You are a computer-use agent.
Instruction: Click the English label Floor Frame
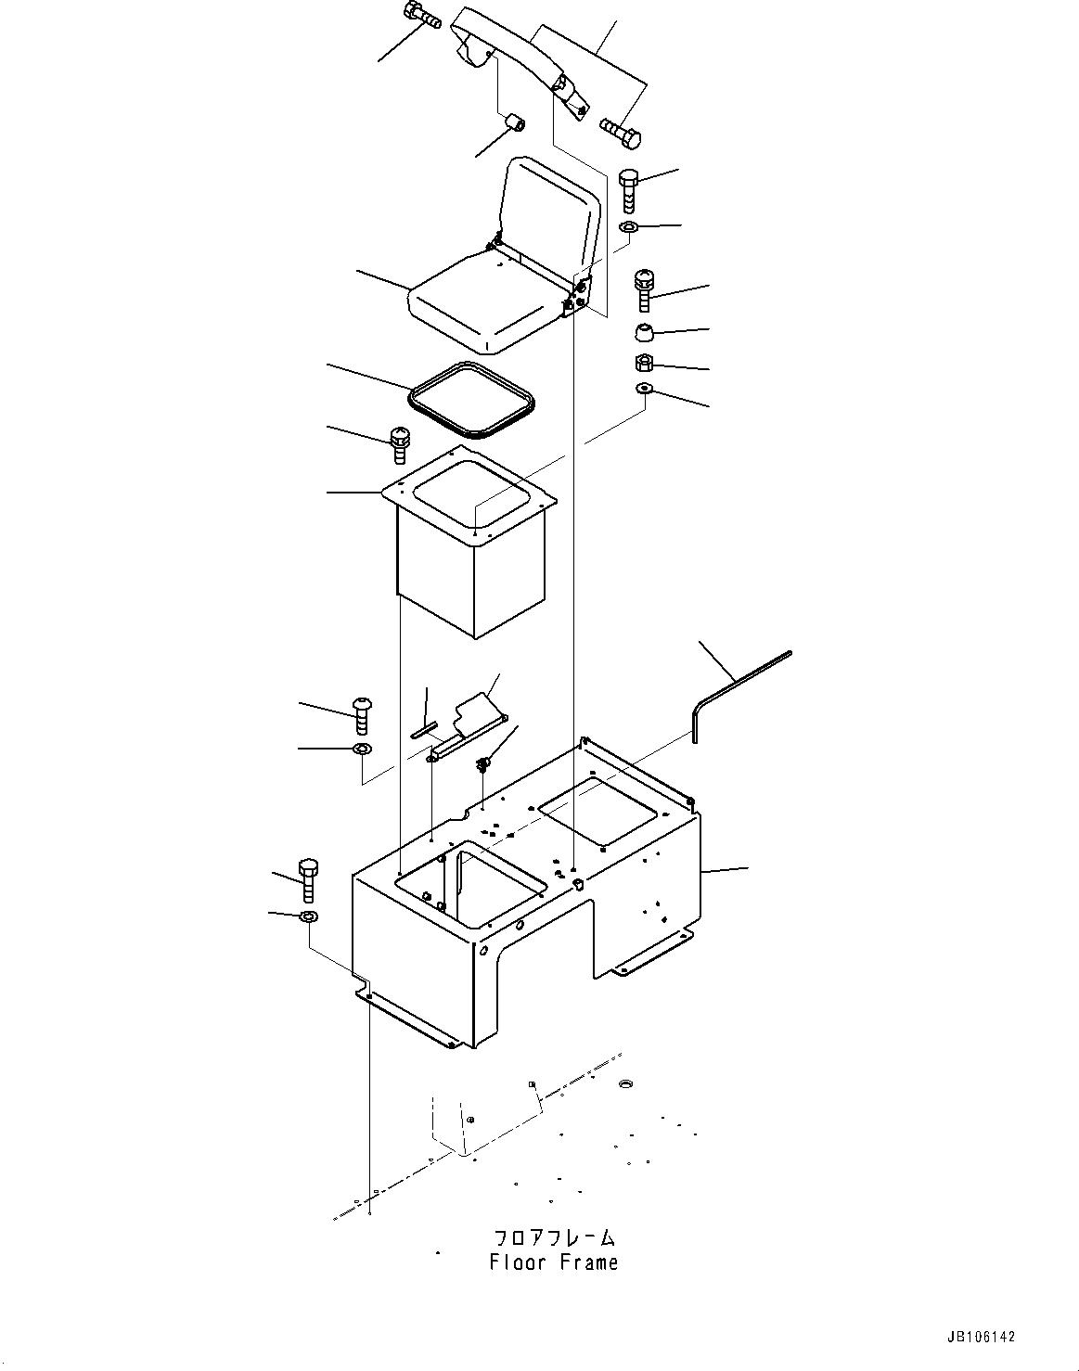click(554, 1262)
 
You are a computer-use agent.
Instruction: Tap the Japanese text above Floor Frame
click(554, 1238)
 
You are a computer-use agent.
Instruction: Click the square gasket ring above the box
click(472, 399)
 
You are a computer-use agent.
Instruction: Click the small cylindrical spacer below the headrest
click(512, 122)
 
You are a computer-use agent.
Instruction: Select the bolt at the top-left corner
click(421, 15)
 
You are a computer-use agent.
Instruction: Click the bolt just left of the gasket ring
click(400, 444)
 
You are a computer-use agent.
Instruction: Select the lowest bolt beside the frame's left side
click(309, 879)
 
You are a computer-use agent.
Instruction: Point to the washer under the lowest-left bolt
click(309, 917)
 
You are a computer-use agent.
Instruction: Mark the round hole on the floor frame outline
click(623, 1083)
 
